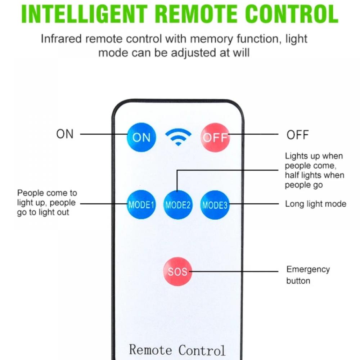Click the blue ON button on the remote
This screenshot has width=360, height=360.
tap(141, 137)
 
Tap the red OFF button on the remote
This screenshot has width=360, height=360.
tap(215, 137)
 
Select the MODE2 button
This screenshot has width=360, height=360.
tap(178, 205)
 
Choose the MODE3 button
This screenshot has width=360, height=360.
tap(215, 205)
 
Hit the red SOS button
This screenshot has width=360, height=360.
tap(177, 271)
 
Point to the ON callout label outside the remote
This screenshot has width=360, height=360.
tap(65, 134)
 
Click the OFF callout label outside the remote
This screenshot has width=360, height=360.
tap(297, 135)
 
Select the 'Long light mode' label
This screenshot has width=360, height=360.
tap(315, 204)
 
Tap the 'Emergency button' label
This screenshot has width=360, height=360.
tap(308, 275)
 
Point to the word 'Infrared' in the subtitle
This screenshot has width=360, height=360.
tap(62, 39)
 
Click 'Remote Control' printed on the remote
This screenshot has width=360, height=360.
tap(177, 350)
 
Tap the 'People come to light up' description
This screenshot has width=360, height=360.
tap(47, 203)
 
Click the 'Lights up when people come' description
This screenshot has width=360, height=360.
tap(314, 170)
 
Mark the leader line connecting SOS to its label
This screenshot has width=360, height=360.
tap(234, 271)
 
